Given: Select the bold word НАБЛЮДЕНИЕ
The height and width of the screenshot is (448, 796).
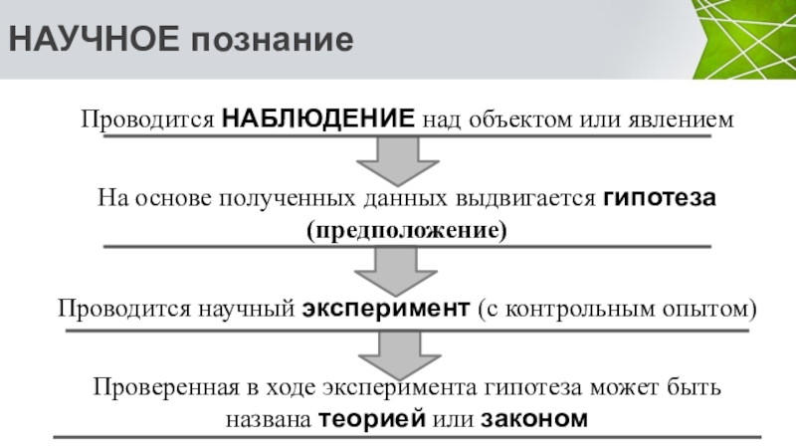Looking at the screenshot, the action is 318,118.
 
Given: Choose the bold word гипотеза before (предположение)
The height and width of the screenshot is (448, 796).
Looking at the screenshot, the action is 659,197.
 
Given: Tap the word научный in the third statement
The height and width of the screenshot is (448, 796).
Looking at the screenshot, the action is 250,309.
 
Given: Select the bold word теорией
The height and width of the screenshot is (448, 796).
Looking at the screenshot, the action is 373,419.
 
